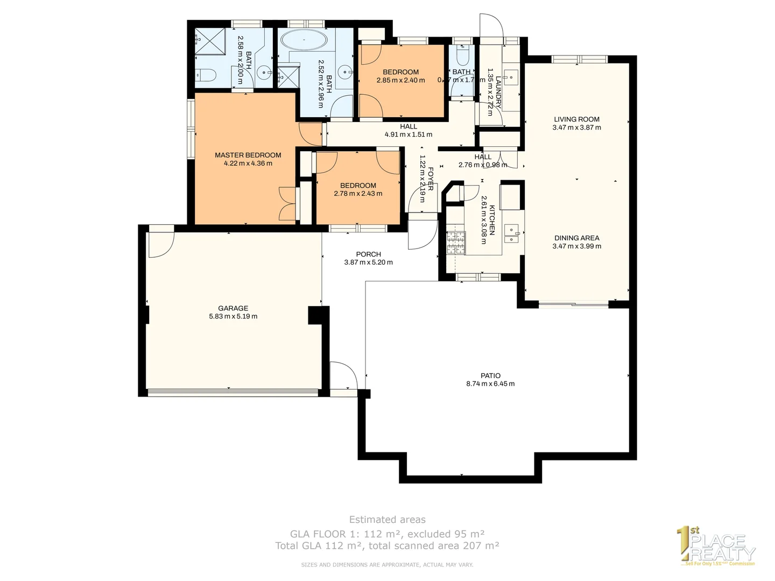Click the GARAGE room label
click(233, 308)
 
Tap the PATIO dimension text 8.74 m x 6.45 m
click(490, 384)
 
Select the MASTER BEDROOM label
click(248, 155)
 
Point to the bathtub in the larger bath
click(304, 40)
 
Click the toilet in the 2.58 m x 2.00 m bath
click(206, 76)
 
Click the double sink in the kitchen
click(511, 232)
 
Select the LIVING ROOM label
click(576, 119)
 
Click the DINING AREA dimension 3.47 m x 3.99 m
click(576, 246)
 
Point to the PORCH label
click(368, 254)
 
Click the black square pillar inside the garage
click(318, 315)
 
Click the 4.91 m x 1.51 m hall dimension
click(408, 134)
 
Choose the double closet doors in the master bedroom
click(287, 203)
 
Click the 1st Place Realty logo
click(716, 547)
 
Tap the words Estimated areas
click(387, 520)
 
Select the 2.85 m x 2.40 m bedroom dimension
click(400, 80)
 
